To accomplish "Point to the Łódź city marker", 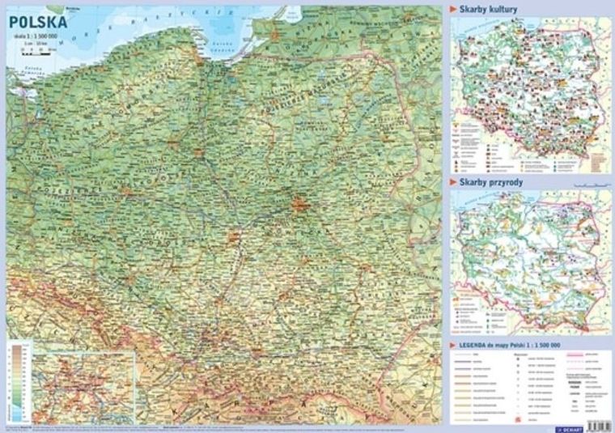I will click(235, 236).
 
